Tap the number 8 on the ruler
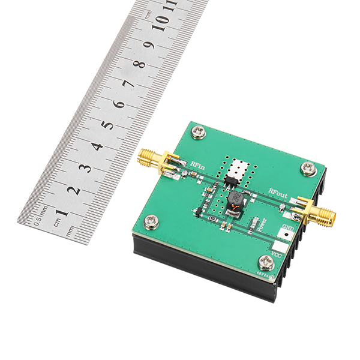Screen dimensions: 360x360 (139, 64)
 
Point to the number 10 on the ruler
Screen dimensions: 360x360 (161, 22)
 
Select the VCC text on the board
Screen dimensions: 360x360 (277, 257)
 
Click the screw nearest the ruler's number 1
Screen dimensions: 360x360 (152, 221)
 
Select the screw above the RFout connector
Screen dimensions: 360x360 (309, 169)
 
